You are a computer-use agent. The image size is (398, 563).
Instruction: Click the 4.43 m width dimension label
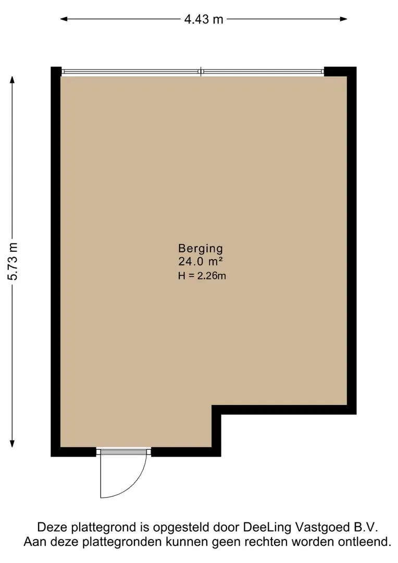tap(204, 19)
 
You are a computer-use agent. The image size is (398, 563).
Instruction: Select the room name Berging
tap(201, 248)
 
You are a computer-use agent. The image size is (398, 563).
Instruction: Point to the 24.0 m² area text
tap(201, 262)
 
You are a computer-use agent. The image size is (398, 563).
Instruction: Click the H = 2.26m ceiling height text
tap(202, 276)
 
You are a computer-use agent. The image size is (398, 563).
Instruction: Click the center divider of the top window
tap(201, 72)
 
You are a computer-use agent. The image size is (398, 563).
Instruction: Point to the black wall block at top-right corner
tap(340, 72)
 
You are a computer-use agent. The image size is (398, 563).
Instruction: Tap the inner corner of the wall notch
tap(217, 410)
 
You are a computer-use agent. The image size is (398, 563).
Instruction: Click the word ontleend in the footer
tap(368, 542)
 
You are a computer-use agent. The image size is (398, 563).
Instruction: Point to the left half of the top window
tap(131, 72)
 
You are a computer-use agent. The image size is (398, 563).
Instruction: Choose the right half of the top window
tap(263, 72)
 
